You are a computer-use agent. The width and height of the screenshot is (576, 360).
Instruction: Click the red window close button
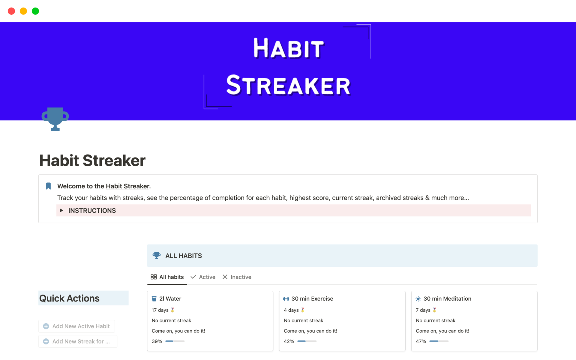point(11,11)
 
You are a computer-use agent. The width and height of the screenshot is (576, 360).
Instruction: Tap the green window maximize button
point(35,11)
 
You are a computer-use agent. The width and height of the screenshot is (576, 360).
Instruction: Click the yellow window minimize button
point(23,11)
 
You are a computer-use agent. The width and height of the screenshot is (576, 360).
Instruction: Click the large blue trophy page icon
point(55,119)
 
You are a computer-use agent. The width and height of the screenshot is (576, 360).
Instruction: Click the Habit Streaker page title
point(92,160)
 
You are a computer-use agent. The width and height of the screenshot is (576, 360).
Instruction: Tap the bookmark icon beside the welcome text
point(48,186)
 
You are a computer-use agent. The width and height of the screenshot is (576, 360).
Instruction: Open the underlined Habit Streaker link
point(127,186)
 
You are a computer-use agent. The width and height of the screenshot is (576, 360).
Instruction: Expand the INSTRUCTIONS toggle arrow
point(61,210)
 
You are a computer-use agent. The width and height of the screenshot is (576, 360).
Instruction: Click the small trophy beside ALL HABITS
point(157,256)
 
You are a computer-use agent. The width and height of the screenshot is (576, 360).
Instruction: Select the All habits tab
point(167,277)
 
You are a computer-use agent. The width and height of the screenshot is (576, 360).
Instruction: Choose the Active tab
point(203,277)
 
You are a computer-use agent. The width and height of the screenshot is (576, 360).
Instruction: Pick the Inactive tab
point(237,277)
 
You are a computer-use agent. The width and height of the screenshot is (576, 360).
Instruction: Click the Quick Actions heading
point(69,298)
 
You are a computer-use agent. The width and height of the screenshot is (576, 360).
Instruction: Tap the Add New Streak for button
point(78,341)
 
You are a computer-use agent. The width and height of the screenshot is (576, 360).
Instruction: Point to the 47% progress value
point(421,341)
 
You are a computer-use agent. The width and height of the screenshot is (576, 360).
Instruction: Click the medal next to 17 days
point(172,310)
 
